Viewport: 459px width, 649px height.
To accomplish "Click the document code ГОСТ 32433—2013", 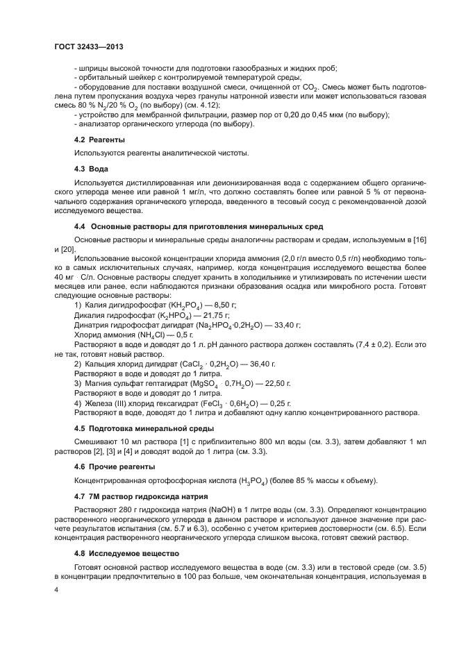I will [88, 48].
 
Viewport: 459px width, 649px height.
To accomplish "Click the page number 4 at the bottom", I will [56, 589].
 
